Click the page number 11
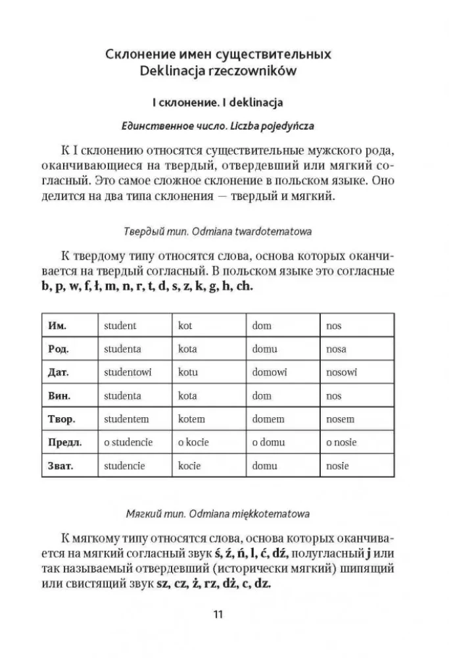tap(219, 615)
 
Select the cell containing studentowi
tap(128, 372)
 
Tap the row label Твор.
tap(61, 419)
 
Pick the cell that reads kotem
tap(192, 419)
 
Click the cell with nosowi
tap(342, 372)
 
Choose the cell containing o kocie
tap(193, 442)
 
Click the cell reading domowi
tap(270, 372)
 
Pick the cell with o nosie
tap(343, 442)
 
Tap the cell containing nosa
tap(336, 349)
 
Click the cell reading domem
tap(268, 419)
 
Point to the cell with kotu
tap(188, 372)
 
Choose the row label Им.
tap(58, 326)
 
